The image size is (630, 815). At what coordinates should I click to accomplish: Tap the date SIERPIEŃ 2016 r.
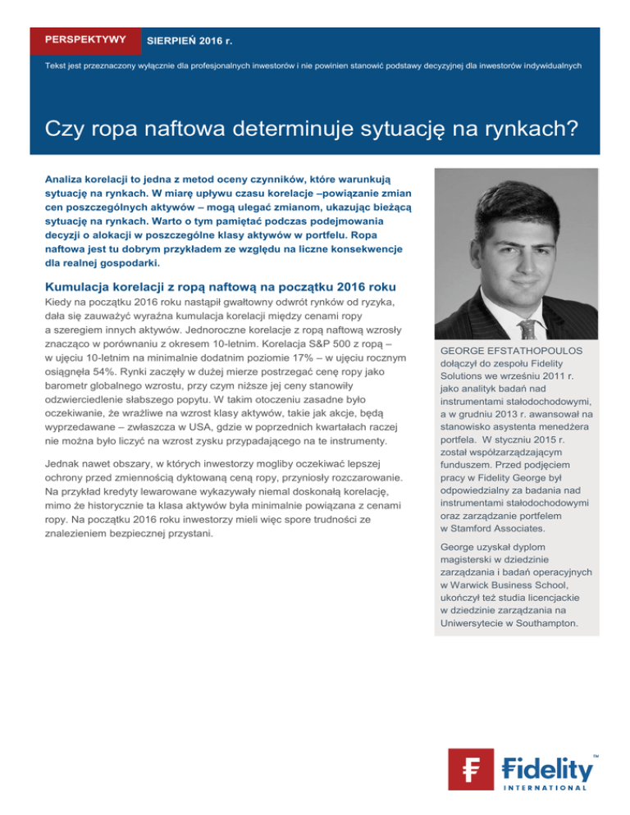(x=188, y=39)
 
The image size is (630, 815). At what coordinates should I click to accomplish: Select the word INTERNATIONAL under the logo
(x=546, y=787)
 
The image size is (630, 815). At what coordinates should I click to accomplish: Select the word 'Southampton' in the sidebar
(x=542, y=624)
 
